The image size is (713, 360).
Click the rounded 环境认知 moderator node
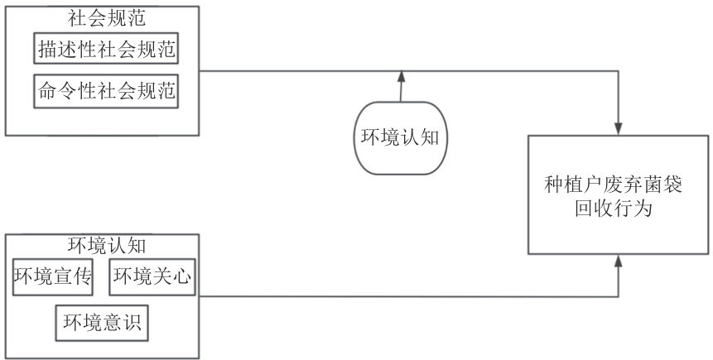click(401, 137)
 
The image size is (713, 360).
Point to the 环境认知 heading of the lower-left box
click(103, 247)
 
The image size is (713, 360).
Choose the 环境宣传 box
click(52, 277)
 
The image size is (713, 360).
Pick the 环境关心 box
click(152, 277)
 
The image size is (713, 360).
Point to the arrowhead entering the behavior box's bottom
click(618, 261)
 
